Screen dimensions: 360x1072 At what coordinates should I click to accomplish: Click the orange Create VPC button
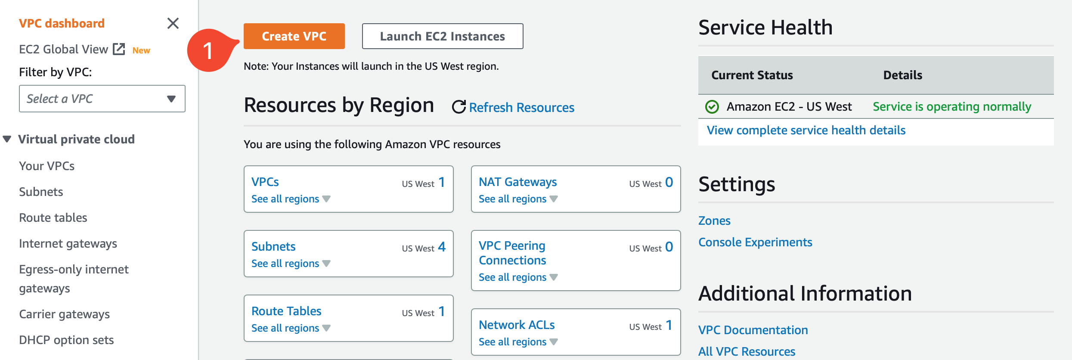(294, 36)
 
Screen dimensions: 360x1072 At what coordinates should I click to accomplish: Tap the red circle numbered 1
(208, 50)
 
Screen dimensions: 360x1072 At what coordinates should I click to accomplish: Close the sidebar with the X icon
(173, 23)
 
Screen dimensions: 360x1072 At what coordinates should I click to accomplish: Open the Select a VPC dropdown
(102, 99)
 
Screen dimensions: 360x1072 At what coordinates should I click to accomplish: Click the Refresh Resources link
(521, 107)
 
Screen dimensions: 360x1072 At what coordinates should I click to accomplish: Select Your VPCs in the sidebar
(47, 166)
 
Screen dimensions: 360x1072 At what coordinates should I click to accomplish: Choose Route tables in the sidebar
(53, 217)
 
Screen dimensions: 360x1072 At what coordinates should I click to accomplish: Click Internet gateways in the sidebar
(68, 243)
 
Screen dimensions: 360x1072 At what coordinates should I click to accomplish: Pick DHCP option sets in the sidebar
(66, 340)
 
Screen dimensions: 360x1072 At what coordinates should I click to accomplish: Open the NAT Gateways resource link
(517, 182)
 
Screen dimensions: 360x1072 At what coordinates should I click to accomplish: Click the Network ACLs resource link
(517, 325)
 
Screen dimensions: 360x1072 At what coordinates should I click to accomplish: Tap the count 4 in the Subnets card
(442, 247)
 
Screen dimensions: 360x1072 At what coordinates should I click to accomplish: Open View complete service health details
(806, 130)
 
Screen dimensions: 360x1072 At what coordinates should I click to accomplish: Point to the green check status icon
(712, 106)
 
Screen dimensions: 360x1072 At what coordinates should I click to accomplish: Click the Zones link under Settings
(714, 220)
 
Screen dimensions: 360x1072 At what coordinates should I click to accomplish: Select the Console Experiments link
(755, 242)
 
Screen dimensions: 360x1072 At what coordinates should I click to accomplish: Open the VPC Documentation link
(753, 330)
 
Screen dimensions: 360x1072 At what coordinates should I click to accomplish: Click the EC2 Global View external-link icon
(119, 49)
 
